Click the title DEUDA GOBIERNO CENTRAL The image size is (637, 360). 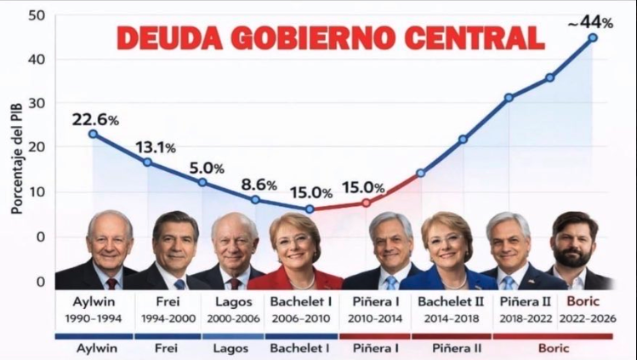(x=330, y=38)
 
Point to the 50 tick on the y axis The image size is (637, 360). (x=37, y=15)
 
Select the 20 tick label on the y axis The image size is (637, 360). (x=37, y=148)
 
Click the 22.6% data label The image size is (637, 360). (x=94, y=118)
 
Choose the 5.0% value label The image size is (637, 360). (x=207, y=169)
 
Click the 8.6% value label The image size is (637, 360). (x=259, y=185)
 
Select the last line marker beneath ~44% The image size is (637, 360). (x=593, y=37)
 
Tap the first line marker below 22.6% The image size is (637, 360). (x=93, y=134)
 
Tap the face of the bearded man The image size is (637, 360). (x=574, y=243)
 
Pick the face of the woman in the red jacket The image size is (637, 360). (x=295, y=243)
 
